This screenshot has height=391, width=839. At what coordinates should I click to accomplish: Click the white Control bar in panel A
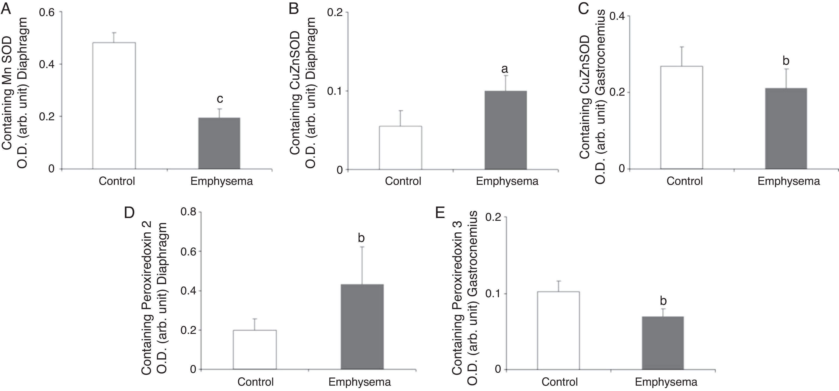[114, 106]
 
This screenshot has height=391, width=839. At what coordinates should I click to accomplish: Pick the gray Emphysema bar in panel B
[506, 130]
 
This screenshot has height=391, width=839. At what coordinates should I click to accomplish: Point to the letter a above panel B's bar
[505, 69]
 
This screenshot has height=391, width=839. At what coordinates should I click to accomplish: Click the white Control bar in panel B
[400, 148]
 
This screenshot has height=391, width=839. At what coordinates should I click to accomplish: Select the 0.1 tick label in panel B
[336, 91]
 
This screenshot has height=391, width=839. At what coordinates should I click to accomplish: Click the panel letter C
[583, 8]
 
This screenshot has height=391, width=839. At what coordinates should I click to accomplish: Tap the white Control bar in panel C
[681, 117]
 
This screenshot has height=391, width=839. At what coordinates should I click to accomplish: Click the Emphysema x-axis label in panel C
[789, 181]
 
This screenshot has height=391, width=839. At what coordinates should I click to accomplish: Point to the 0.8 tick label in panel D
[189, 212]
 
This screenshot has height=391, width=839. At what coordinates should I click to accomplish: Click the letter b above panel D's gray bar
[361, 238]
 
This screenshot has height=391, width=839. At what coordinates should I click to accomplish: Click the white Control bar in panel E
[558, 330]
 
